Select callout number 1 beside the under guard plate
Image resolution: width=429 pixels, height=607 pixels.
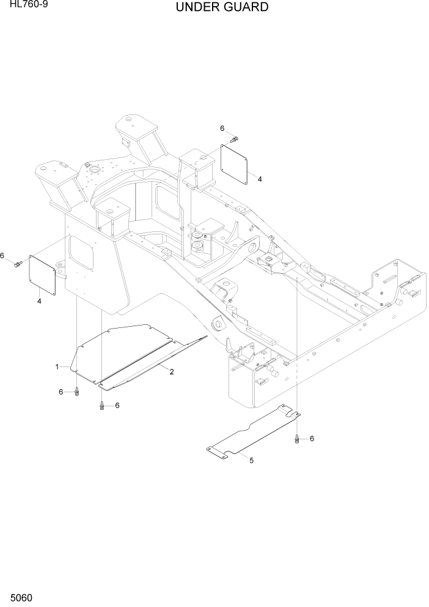57,367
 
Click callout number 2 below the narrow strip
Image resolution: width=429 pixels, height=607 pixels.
172,371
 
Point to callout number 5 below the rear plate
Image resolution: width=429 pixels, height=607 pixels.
251,460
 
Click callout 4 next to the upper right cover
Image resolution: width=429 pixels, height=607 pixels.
260,179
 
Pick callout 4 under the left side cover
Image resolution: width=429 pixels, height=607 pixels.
39,300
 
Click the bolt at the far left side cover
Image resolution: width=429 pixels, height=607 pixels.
18,264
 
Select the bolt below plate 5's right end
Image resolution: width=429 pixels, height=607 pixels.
298,438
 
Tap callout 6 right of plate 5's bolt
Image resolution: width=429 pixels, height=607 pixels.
312,438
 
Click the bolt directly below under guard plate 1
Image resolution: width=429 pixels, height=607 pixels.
76,392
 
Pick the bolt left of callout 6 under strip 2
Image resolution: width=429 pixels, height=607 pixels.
101,405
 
